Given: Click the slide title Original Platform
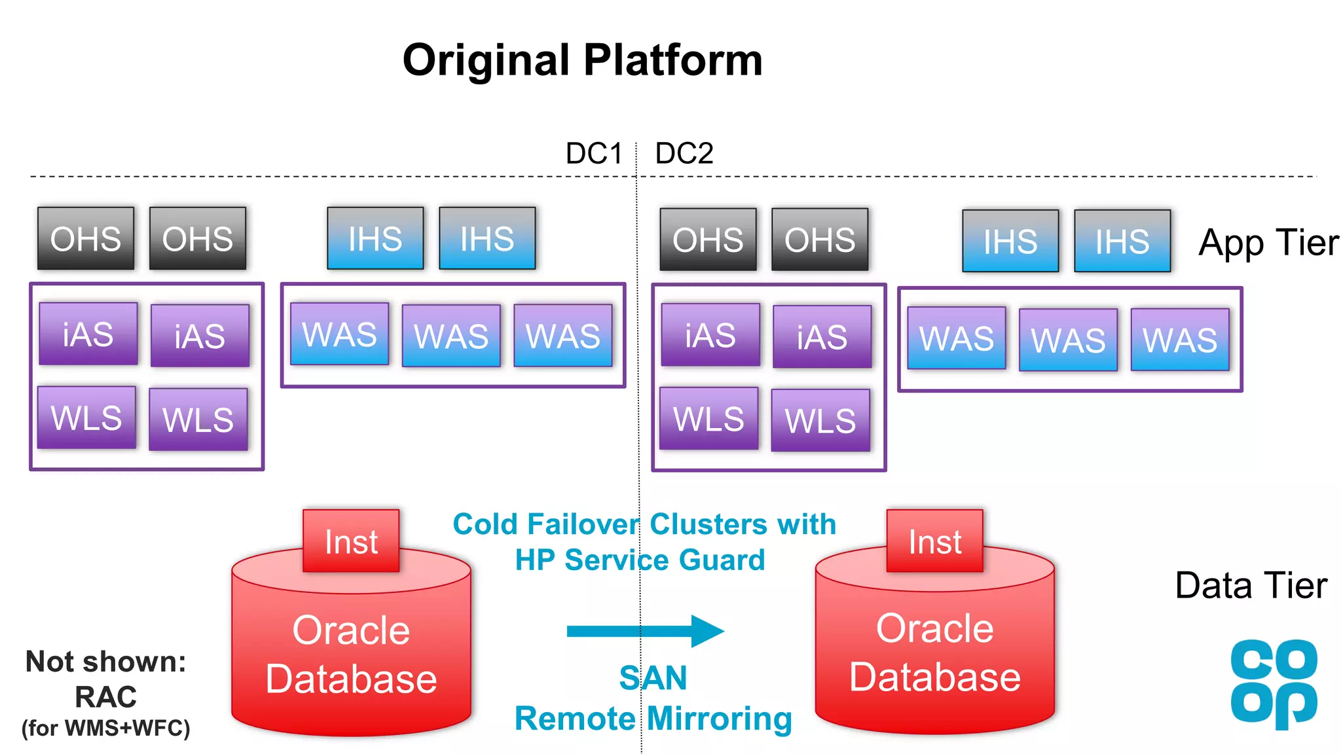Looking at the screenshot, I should click(x=582, y=60).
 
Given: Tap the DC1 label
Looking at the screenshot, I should click(x=594, y=154).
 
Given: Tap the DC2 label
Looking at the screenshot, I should click(x=684, y=154).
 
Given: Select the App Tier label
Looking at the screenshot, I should click(x=1268, y=243).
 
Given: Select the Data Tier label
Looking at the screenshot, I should click(x=1251, y=585).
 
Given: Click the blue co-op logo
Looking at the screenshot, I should click(x=1274, y=683).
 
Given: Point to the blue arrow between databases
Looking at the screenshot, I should click(x=645, y=631).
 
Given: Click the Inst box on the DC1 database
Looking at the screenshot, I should click(x=351, y=541).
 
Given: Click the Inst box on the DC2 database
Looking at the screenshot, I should click(x=934, y=541).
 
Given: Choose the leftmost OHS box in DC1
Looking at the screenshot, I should click(x=86, y=239).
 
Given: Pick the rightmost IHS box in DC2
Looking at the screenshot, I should click(x=1122, y=241).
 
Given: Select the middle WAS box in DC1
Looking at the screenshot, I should click(x=451, y=336).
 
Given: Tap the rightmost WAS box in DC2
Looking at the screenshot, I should click(x=1180, y=340).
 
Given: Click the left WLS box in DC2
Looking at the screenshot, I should click(x=708, y=418).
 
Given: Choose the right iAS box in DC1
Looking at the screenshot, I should click(x=200, y=336).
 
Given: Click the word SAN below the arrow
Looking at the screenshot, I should click(x=653, y=677).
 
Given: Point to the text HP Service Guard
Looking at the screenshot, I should click(x=640, y=560).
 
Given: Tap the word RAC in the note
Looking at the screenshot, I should click(x=105, y=697).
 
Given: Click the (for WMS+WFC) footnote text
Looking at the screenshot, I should click(x=105, y=728).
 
